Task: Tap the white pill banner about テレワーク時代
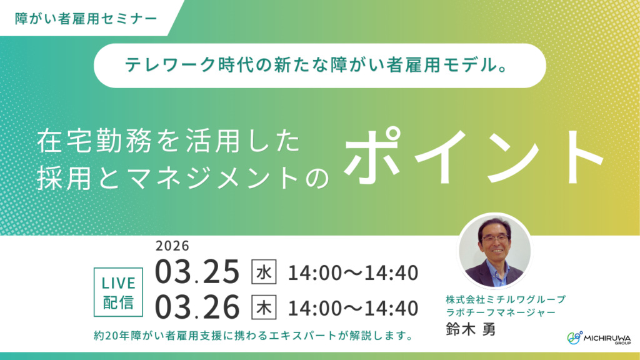pyautogui.click(x=319, y=66)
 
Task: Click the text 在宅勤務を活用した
pyautogui.click(x=169, y=142)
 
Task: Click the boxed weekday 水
pyautogui.click(x=263, y=272)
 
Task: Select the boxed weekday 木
pyautogui.click(x=263, y=307)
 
